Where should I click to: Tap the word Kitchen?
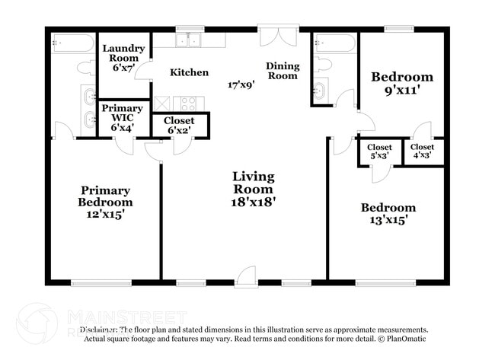189,72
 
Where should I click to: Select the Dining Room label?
282,71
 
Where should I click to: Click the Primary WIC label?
122,118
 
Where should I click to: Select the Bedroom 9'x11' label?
401,83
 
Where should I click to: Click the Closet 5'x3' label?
379,151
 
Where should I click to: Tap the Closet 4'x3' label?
422,151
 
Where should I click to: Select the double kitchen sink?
189,40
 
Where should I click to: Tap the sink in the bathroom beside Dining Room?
320,90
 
